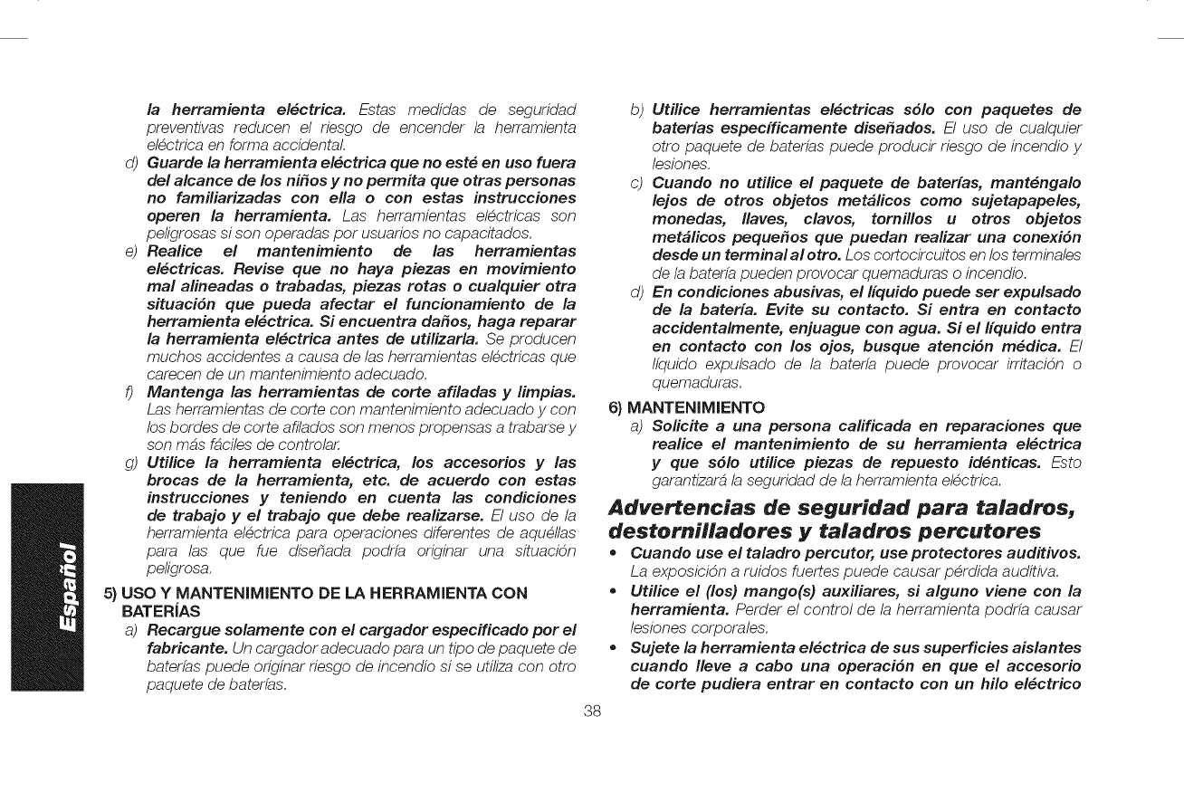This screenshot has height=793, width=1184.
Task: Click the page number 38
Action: (x=593, y=710)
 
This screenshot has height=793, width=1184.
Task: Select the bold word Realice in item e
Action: (x=179, y=223)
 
